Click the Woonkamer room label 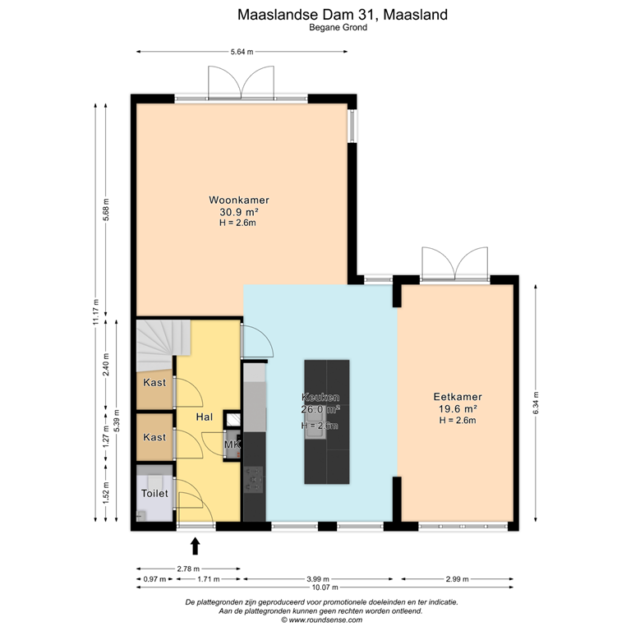238,200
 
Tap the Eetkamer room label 457,396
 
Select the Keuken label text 320,397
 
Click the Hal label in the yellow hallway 205,417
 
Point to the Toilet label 154,494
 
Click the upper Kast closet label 154,383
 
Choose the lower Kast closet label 154,438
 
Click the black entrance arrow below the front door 196,545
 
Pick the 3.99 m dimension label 319,578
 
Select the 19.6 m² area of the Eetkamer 457,408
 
